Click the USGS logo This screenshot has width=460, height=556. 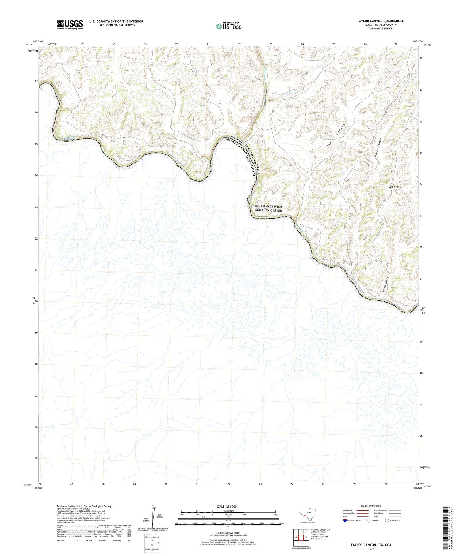click(x=70, y=25)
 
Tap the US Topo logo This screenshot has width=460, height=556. click(x=229, y=26)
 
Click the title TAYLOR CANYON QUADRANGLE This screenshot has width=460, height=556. click(x=380, y=21)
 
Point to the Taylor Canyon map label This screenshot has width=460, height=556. click(x=336, y=136)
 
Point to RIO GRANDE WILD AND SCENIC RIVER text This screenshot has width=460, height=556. click(x=268, y=208)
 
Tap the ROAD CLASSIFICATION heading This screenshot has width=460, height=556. click(x=371, y=506)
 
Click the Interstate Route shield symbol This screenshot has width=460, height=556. click(x=345, y=520)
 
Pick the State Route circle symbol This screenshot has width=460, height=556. click(x=387, y=520)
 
